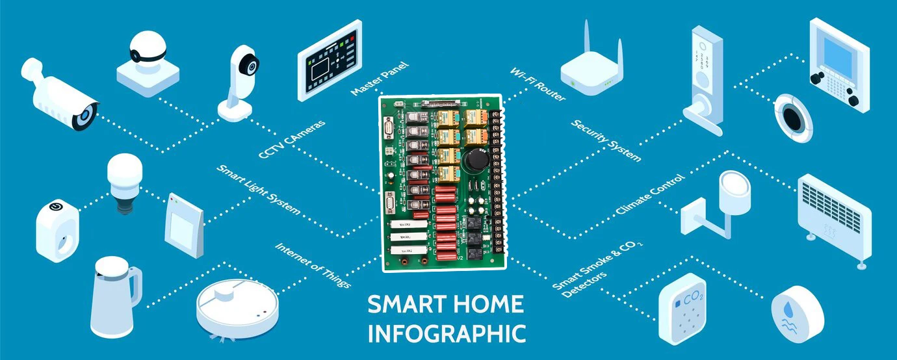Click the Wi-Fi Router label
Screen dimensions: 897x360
[x=538, y=84]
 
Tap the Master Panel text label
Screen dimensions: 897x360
[x=380, y=79]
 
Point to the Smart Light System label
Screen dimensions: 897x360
[x=258, y=190]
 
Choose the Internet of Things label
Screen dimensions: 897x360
[x=313, y=266]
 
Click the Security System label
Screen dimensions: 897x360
[x=606, y=140]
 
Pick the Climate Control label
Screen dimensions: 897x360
[x=650, y=195]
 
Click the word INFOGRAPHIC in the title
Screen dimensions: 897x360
[x=447, y=333]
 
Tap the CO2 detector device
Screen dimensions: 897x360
[x=682, y=309]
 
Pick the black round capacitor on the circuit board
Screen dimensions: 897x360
[x=475, y=163]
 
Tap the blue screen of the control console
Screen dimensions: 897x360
[x=838, y=51]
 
